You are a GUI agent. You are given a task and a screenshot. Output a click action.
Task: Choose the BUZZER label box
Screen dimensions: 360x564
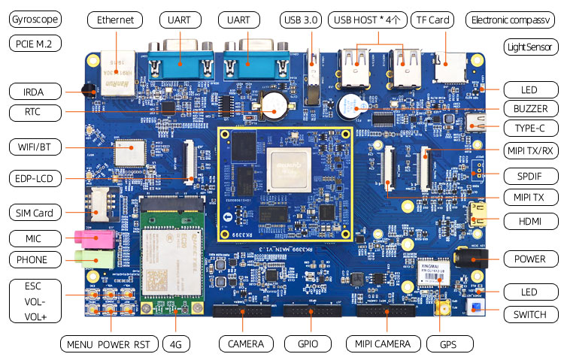pos(526,108)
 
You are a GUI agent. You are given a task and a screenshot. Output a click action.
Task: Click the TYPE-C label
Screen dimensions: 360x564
pos(526,128)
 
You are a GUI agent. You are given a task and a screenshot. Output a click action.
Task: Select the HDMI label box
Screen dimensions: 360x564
pos(526,222)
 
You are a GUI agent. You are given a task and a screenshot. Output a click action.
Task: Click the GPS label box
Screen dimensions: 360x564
pos(449,344)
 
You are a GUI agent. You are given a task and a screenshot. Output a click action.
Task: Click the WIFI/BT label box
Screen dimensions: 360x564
pos(36,146)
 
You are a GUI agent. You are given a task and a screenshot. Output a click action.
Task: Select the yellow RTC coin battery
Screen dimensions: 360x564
pos(271,107)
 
